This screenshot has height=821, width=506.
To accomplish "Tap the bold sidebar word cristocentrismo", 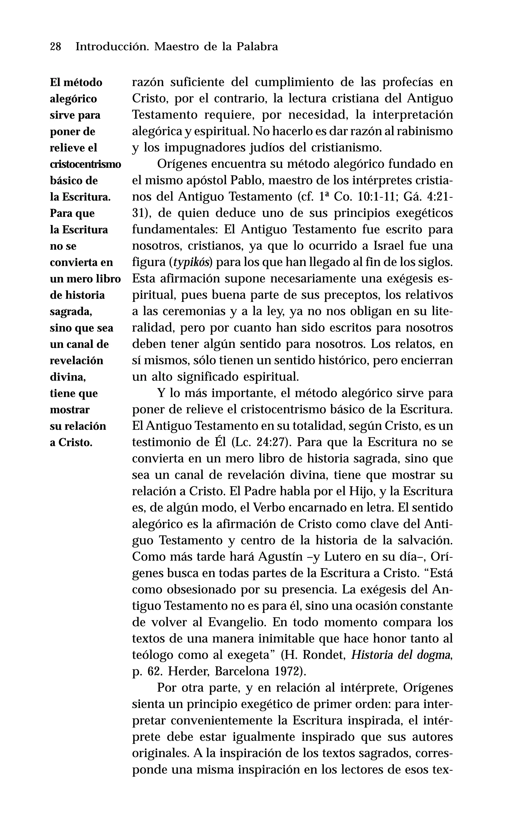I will [x=85, y=164].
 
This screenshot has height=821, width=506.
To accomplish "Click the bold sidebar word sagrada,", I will [x=71, y=312].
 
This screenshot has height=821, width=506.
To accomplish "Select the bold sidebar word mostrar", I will [x=70, y=410].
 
